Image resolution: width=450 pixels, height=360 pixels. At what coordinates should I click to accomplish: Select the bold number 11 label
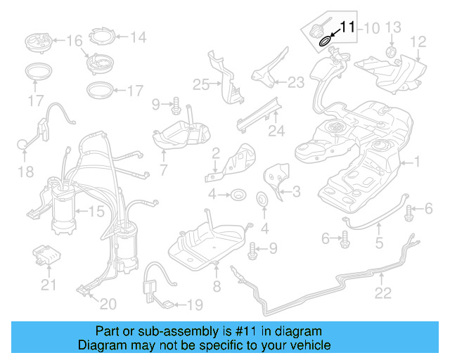(347, 27)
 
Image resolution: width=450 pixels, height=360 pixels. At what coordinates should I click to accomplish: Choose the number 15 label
(95, 210)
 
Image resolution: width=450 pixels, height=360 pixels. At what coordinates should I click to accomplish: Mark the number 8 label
(217, 286)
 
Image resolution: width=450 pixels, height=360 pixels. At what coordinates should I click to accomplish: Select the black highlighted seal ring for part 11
(326, 40)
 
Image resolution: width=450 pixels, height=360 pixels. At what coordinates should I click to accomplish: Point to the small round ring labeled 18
(23, 145)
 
